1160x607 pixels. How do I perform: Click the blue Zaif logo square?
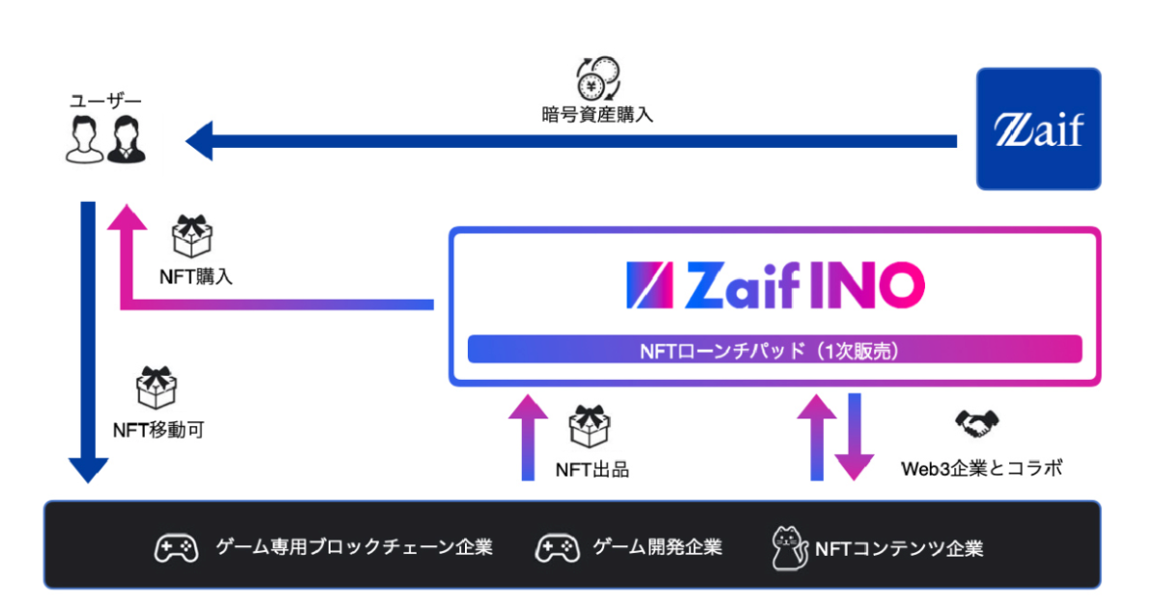[x=1038, y=129]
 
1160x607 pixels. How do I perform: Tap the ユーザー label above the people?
[x=105, y=101]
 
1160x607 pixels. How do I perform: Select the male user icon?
[x=84, y=139]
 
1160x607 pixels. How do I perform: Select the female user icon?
[x=126, y=139]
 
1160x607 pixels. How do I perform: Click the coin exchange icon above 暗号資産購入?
[x=597, y=78]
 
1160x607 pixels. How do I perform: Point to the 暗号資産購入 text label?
[x=597, y=115]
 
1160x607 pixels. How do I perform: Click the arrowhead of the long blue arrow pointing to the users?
[x=199, y=141]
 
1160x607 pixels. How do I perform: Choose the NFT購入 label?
[x=195, y=276]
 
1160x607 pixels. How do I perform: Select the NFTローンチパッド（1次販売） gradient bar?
[x=774, y=349]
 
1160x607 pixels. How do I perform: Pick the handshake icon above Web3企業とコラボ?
[x=977, y=424]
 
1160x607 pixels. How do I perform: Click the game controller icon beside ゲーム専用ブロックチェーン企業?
[x=176, y=548]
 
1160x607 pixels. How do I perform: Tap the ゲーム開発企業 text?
[x=657, y=548]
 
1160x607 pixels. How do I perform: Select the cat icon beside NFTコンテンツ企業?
[x=789, y=548]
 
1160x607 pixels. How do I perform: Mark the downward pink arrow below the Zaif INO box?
[x=854, y=436]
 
